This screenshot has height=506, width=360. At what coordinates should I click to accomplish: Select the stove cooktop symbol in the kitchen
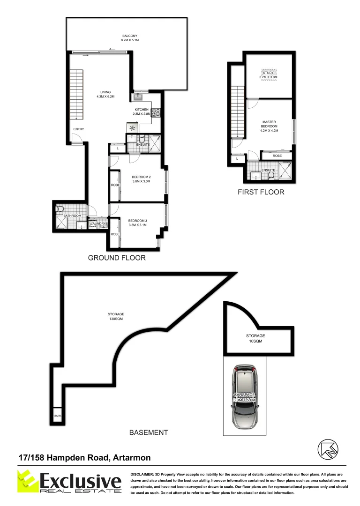[x=156, y=112]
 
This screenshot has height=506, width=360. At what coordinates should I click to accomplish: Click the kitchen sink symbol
[x=139, y=97]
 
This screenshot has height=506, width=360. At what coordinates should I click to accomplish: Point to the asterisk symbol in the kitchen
[x=132, y=127]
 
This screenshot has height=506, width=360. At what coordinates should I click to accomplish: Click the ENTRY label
[x=78, y=129]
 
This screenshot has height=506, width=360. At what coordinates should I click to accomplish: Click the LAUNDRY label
[x=98, y=224]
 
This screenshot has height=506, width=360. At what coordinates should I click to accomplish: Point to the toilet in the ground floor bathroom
[x=60, y=209]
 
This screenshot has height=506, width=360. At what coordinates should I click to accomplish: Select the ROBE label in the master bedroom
[x=277, y=156]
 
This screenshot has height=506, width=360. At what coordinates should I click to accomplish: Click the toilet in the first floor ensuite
[x=271, y=176]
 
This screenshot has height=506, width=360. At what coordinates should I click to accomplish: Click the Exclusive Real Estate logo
[x=67, y=483]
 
